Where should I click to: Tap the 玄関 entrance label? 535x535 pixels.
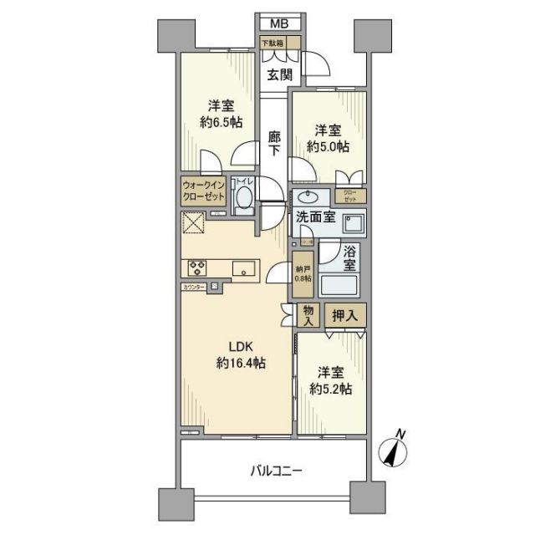(280, 74)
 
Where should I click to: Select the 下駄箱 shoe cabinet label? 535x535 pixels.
(273, 43)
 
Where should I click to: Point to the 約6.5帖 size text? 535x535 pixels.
(222, 121)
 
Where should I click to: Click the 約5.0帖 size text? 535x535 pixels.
(328, 146)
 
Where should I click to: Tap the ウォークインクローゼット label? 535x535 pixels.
(204, 191)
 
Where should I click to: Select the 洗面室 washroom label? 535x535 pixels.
(314, 217)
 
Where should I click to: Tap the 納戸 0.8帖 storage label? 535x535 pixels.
(303, 273)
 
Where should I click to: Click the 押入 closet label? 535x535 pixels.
(344, 315)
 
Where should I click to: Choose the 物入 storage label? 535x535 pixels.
(308, 315)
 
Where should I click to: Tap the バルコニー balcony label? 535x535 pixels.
(276, 471)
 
